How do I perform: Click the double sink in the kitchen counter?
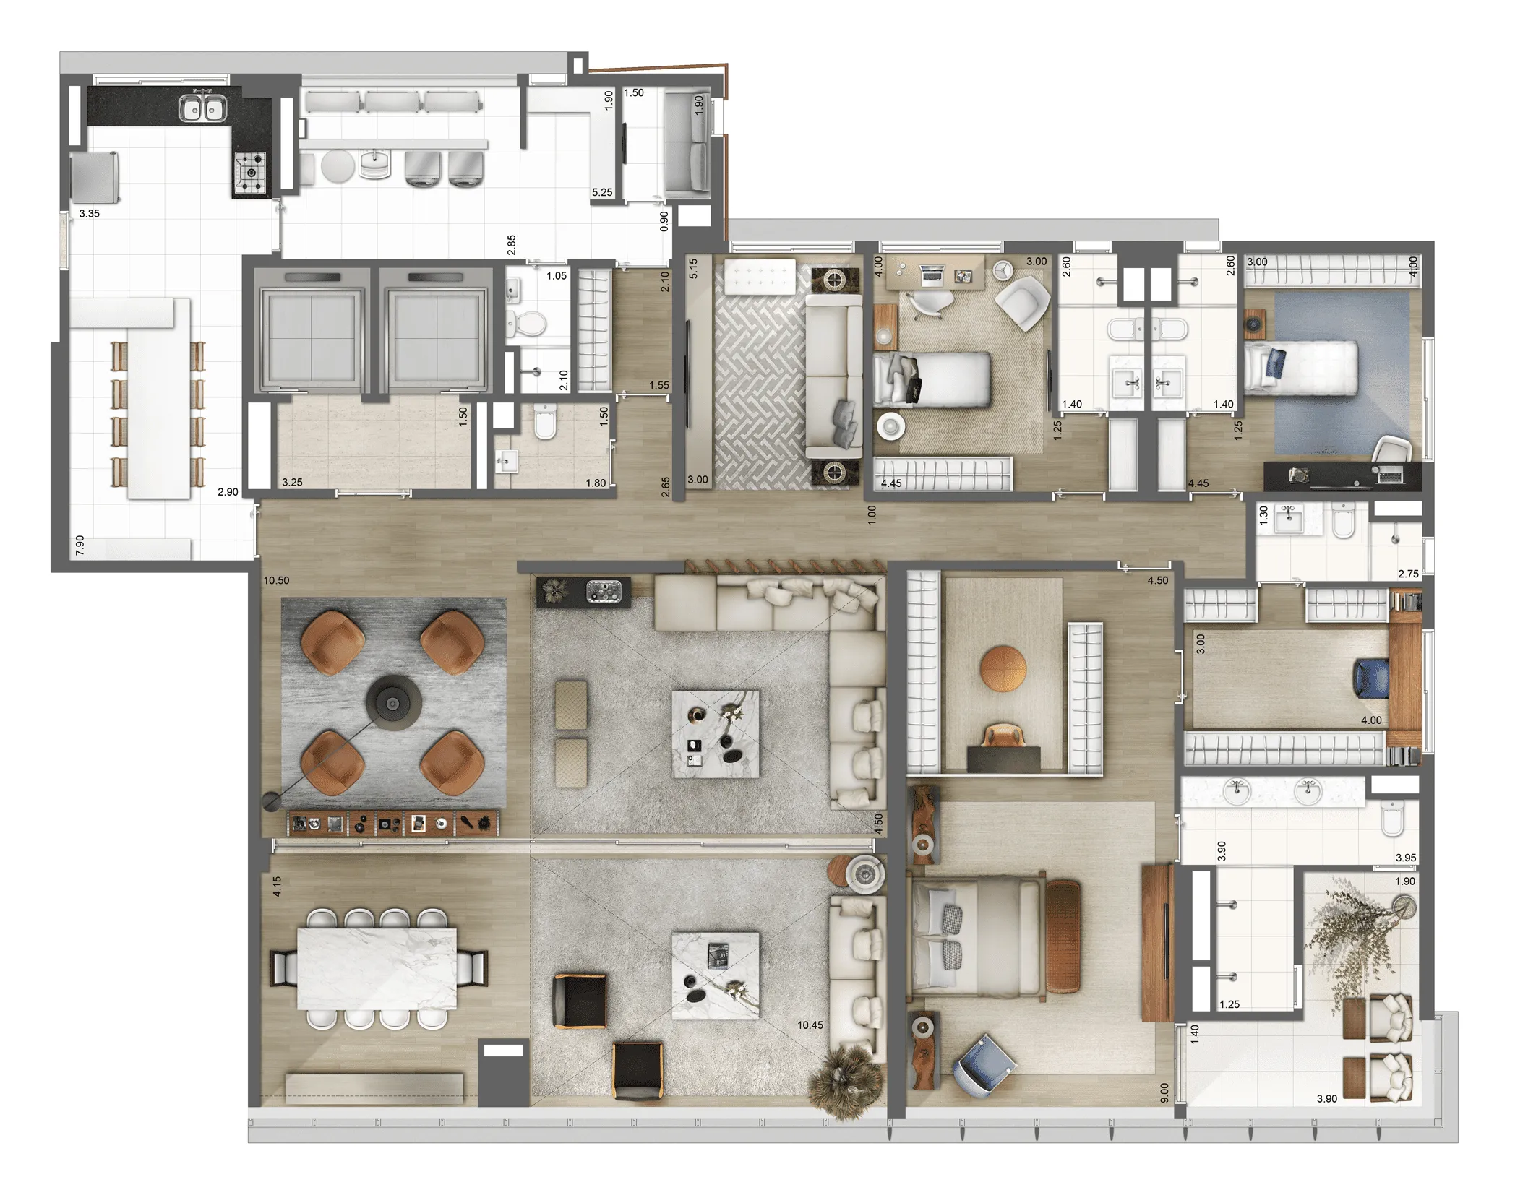(202, 108)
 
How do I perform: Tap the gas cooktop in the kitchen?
(249, 173)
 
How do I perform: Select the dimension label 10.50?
(276, 580)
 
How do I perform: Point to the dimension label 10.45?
(810, 1025)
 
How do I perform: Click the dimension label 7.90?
(80, 545)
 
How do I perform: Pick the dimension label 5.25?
(602, 192)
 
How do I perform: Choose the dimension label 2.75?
(1408, 574)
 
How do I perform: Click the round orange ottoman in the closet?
(1003, 669)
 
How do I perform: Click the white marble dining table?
(377, 968)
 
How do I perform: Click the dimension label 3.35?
(89, 213)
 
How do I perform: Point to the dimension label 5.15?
(693, 269)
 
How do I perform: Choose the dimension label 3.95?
(1406, 858)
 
